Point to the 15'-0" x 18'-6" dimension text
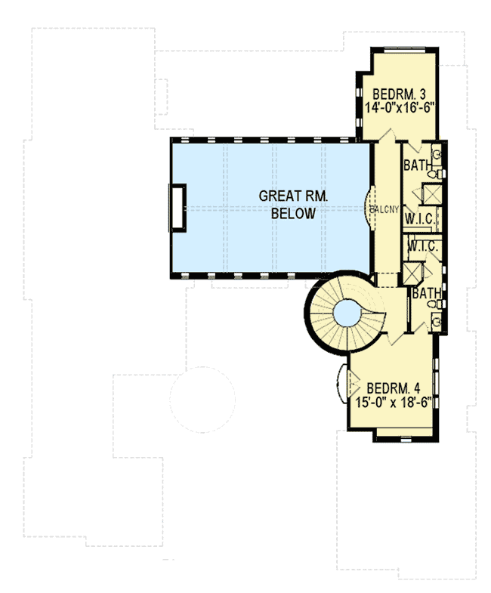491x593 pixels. pos(397,403)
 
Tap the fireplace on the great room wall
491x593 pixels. pos(178,206)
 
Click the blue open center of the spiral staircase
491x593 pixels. pos(347,311)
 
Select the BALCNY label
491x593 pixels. pos(384,210)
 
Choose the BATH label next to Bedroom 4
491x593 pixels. pos(426,292)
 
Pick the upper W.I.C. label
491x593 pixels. pos(418,219)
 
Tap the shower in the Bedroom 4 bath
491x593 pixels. pos(412,271)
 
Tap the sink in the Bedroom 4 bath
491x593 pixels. pos(436,322)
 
